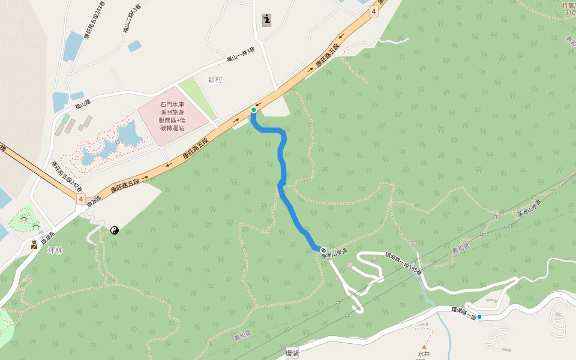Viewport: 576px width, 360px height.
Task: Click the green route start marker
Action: (254, 110)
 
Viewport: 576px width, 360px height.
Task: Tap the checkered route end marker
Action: (323, 250)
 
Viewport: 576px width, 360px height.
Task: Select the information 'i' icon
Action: (266, 20)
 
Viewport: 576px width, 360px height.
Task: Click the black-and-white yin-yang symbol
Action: (114, 230)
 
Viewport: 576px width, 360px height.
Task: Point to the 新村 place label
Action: (215, 79)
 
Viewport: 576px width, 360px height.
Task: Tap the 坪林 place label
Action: (55, 250)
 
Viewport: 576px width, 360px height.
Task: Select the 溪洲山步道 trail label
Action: (334, 256)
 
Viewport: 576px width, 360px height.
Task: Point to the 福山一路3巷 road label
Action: (241, 54)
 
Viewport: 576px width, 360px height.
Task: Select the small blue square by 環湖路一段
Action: (479, 316)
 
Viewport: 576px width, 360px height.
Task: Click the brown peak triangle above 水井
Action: (424, 347)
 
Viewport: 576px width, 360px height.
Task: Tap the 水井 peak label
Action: (424, 354)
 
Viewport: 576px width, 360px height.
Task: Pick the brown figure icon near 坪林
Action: (34, 244)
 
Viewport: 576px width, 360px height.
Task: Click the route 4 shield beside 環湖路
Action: (80, 199)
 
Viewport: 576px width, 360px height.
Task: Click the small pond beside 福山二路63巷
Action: (134, 46)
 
